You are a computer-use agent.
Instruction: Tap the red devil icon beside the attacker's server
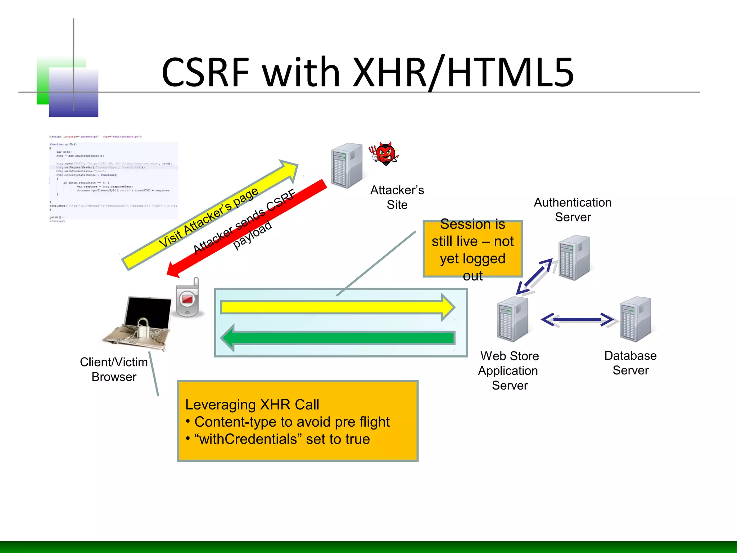384,154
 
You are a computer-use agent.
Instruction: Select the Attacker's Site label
397,197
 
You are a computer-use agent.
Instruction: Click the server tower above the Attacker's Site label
346,166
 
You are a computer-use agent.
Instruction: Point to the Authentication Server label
573,210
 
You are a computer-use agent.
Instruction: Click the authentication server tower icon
574,257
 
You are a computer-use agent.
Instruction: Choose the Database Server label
630,363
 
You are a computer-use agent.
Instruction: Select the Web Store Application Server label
509,370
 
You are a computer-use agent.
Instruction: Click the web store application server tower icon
512,319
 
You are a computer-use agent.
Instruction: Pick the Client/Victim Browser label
114,369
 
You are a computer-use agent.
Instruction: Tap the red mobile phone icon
187,299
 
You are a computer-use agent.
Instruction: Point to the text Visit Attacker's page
208,217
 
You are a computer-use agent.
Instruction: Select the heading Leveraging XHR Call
252,405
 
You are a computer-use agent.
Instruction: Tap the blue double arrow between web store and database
577,319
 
